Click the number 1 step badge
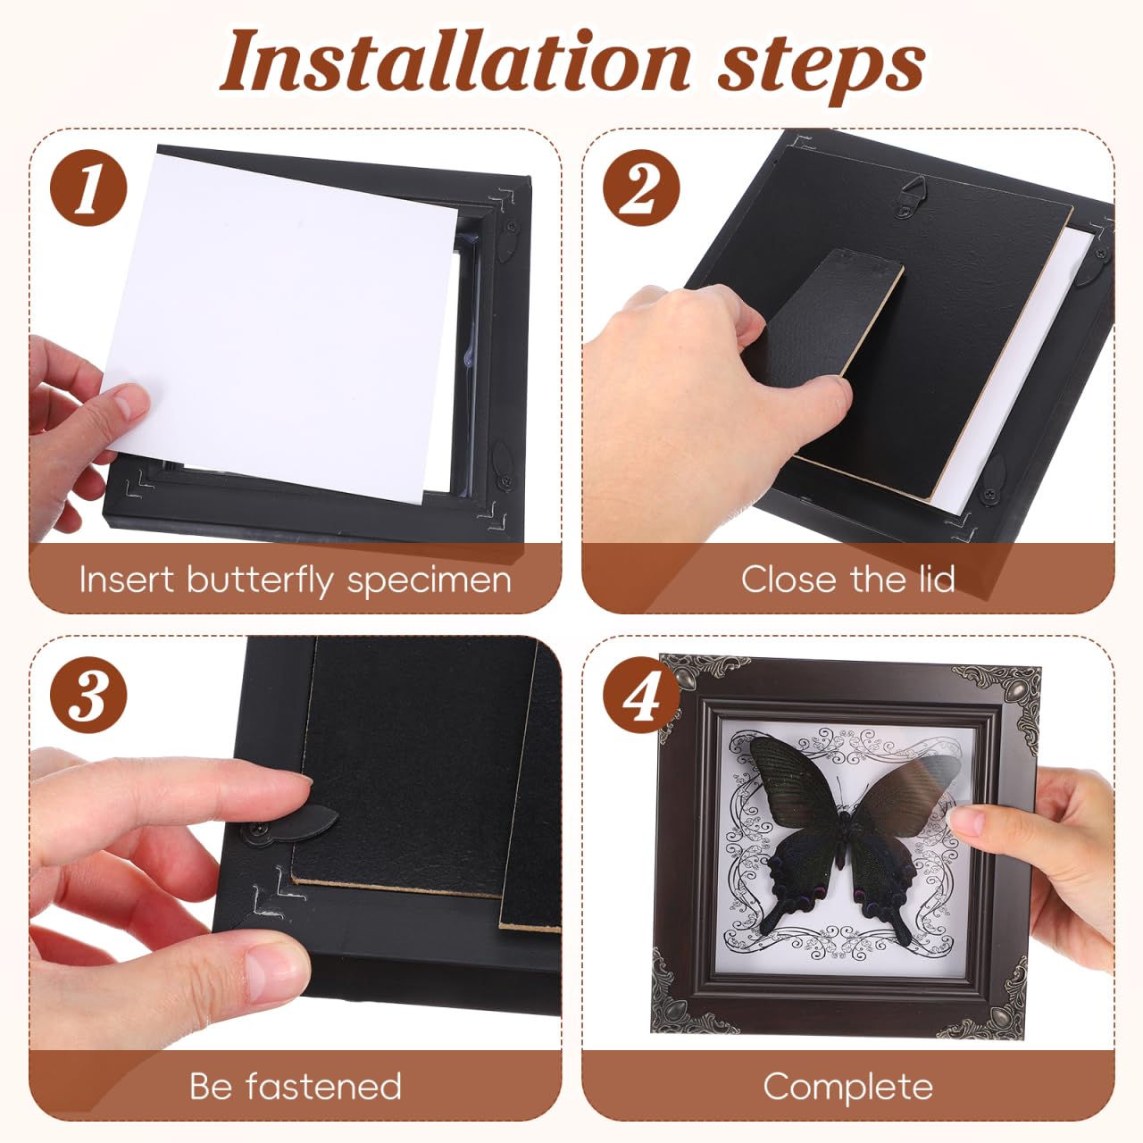pos(88,188)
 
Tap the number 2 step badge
pos(641,188)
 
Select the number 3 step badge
pos(88,695)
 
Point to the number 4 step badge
pos(641,695)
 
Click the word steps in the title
pos(822,68)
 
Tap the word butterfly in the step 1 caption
pos(260,580)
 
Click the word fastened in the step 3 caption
pos(324,1086)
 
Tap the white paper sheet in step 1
pos(279,326)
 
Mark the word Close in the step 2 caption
pos(789,579)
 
